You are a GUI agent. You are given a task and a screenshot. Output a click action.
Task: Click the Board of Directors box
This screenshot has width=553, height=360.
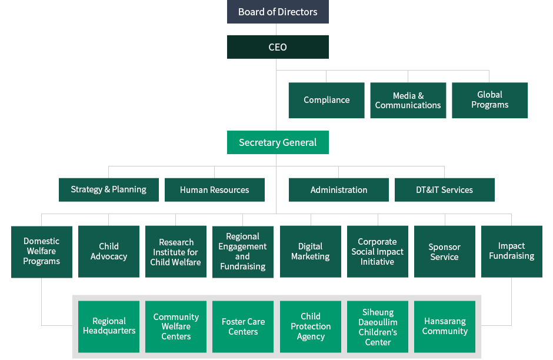tap(278, 12)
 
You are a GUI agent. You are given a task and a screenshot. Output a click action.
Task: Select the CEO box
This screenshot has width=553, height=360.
tap(278, 47)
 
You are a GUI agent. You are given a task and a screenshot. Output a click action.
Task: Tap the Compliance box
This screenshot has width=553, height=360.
tap(327, 101)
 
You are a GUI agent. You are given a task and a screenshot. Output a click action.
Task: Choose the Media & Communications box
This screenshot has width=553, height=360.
tap(408, 101)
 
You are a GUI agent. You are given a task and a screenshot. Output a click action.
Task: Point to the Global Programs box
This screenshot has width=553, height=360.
tap(489, 101)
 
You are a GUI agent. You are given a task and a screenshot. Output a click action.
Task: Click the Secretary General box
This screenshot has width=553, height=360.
tap(278, 142)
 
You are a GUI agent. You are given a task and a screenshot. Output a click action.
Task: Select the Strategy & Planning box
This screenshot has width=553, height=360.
tap(109, 189)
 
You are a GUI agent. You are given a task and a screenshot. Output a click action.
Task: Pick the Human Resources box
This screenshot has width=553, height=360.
tap(215, 189)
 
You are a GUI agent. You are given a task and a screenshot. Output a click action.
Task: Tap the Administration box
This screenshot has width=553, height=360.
tap(339, 189)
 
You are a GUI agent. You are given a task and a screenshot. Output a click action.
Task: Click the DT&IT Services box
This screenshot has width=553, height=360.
tap(444, 189)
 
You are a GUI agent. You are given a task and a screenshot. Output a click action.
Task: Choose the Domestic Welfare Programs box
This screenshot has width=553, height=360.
tap(42, 252)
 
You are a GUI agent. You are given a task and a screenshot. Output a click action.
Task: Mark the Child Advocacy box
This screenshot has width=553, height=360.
tap(109, 252)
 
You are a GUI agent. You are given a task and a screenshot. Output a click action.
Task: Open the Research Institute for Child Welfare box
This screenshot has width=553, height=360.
tap(176, 252)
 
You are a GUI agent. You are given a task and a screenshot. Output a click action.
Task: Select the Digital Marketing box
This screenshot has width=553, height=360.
tap(311, 252)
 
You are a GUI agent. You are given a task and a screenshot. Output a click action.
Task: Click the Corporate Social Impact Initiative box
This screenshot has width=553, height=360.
tap(378, 252)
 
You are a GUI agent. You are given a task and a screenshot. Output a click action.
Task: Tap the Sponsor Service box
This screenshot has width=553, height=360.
tap(445, 252)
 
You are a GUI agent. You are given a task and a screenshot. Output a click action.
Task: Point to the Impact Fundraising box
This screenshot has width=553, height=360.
tap(512, 252)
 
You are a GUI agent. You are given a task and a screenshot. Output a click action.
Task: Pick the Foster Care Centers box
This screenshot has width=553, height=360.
tap(243, 327)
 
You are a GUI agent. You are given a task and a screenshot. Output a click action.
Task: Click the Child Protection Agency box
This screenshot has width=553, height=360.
tap(311, 327)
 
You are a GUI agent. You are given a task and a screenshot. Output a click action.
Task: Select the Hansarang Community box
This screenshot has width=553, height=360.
tap(445, 327)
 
